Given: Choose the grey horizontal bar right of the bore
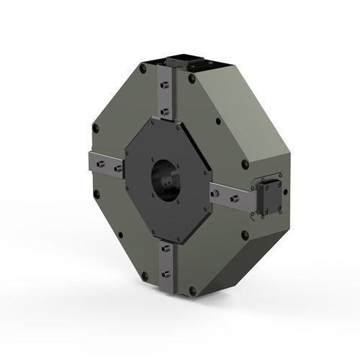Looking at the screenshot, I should pos(230,196).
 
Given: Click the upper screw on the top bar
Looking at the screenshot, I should pos(166,84).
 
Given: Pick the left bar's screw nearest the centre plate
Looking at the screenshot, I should pos(117,169).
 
